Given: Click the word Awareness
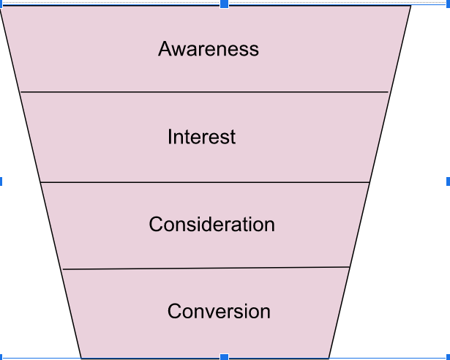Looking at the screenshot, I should [209, 49].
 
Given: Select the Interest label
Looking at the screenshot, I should [201, 137].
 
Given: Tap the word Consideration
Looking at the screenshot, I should [211, 224].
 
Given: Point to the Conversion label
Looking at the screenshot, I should [219, 311].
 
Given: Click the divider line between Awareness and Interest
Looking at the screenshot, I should [205, 92].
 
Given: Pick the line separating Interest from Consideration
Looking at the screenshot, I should [205, 181].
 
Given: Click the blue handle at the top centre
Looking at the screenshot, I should [225, 4].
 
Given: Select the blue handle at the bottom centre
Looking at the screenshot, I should [225, 357].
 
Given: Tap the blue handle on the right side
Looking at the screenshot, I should [447, 181].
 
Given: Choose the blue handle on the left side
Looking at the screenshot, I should [1, 181].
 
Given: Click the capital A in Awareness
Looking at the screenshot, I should [165, 49].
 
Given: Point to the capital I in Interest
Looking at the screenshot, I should [170, 137].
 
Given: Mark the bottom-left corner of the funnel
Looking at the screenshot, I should [81, 358].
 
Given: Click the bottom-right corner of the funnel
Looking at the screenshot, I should [329, 358].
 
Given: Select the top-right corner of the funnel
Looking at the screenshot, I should [410, 7].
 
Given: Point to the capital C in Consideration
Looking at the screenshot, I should [156, 224].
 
